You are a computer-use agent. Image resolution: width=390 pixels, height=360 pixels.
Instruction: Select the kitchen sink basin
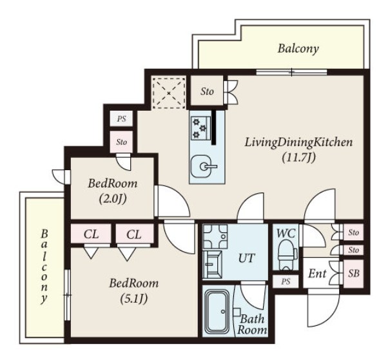coord(201,166)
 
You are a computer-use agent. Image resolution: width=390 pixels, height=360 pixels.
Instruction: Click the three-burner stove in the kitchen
coord(200,128)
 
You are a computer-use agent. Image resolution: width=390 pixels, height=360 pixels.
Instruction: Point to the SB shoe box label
coord(354,273)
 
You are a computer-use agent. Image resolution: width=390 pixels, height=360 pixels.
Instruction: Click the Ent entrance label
coord(318,274)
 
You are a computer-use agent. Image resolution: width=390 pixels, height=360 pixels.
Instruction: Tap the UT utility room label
coord(247,258)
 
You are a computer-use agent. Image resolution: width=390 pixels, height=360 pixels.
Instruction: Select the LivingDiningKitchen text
coord(298,143)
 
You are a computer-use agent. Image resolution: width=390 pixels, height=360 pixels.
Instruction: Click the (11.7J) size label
coord(298,158)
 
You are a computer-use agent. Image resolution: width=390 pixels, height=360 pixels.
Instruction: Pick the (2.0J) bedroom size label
coord(113,198)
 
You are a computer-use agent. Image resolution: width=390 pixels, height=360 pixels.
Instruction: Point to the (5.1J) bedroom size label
coord(134,298)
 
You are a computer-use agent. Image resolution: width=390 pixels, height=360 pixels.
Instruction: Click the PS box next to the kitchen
coord(122,118)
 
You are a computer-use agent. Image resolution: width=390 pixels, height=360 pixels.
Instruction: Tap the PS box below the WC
coord(286,281)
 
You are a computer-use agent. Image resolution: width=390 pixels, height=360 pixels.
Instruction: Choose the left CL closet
coord(91,234)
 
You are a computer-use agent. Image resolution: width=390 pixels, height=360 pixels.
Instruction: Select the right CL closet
coord(134,234)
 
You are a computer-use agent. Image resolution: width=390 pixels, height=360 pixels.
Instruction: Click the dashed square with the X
coord(169,93)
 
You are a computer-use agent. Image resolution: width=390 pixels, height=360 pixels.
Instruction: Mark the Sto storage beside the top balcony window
coord(207,91)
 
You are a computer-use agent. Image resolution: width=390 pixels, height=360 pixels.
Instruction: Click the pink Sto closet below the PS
coord(122,142)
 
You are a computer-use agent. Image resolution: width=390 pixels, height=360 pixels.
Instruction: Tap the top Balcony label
coord(298,49)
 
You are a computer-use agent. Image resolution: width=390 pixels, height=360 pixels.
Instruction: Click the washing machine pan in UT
coord(215,236)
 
